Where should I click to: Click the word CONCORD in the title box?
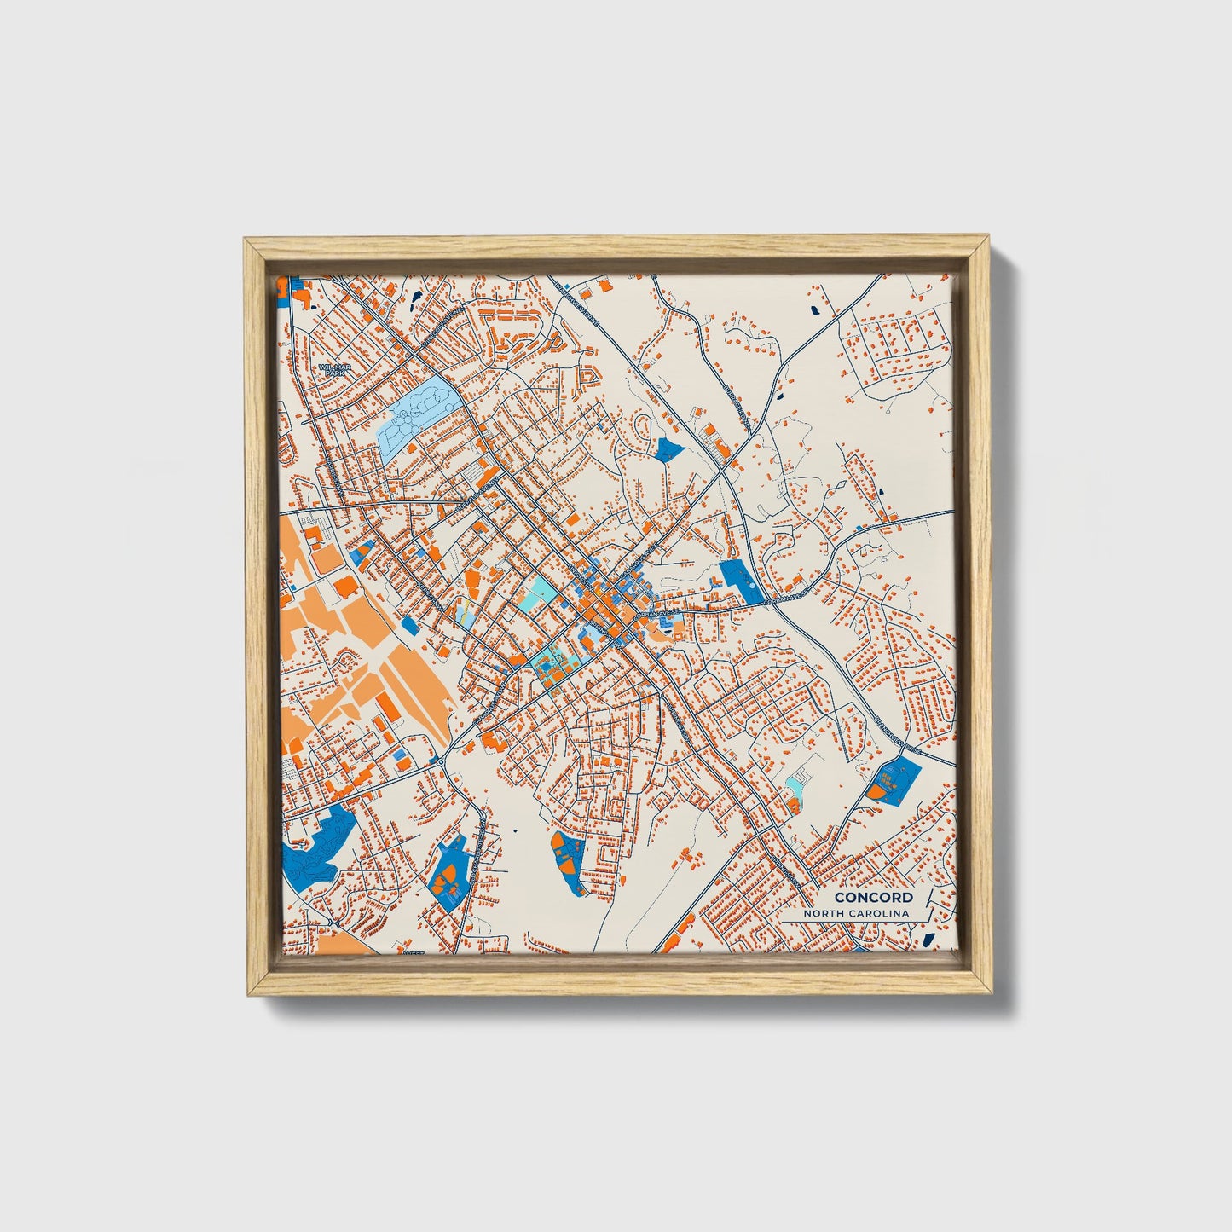tap(873, 897)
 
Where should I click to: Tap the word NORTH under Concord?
tap(827, 914)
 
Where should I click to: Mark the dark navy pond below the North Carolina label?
tap(928, 939)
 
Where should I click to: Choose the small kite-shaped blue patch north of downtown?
tap(669, 448)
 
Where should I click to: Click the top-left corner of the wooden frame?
tap(246, 240)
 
